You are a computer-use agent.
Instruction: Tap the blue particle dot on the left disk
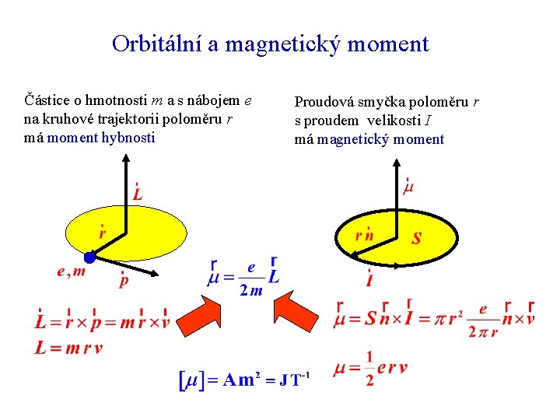pos(90,257)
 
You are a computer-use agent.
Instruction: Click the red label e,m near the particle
pos(71,272)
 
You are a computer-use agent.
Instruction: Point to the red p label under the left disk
pos(124,281)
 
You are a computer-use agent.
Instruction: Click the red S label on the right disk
pos(417,238)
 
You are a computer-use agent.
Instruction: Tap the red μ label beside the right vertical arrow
pos(408,187)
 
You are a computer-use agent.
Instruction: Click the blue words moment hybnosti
pos(101,138)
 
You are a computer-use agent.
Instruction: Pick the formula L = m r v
pos(68,348)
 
